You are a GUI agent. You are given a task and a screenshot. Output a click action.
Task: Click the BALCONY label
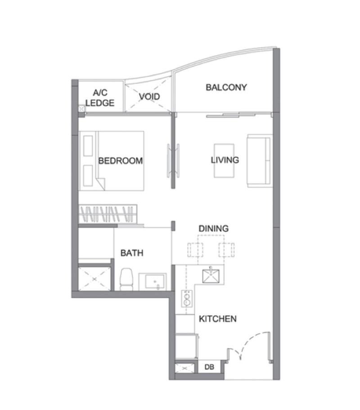point(226,87)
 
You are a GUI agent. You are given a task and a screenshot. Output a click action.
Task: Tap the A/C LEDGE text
point(100,98)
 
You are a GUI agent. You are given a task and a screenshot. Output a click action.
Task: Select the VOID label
point(149,97)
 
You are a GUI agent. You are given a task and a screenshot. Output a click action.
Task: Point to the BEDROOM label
point(120,160)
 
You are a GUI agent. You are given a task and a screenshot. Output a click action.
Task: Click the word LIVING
point(225,160)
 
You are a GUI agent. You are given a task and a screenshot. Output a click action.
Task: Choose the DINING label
point(213,228)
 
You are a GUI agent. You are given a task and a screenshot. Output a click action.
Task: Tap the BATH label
point(132,253)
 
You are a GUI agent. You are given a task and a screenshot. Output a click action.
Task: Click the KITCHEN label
point(218,319)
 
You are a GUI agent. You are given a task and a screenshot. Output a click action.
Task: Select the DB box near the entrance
point(209,367)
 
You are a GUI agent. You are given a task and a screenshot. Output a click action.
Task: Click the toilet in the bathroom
point(126,279)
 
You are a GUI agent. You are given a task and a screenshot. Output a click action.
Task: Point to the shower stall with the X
point(94,279)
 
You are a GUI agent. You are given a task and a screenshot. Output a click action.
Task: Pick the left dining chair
point(195,249)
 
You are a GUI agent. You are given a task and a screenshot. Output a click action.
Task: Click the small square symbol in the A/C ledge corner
point(81,108)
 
